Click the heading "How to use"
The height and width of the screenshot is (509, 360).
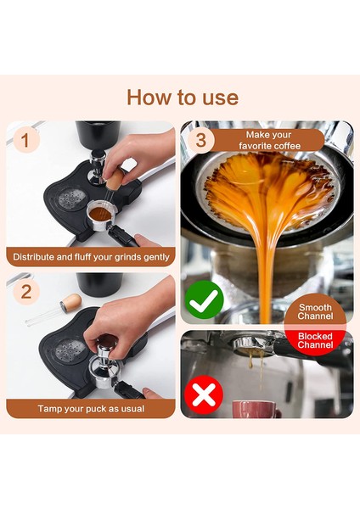[x=183, y=97]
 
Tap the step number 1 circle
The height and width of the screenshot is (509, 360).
[x=26, y=140]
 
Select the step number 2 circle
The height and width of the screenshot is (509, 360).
[x=26, y=292]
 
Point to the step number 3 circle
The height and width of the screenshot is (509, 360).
[x=200, y=140]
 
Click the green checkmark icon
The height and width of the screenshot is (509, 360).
[x=204, y=299]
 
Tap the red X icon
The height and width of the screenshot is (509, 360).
[x=204, y=394]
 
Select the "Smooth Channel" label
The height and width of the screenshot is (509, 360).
[x=315, y=311]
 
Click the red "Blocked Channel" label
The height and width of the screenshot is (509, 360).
[x=315, y=340]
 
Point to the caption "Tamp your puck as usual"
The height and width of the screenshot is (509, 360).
[x=91, y=408]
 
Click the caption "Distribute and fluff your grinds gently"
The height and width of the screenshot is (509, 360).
[x=91, y=257]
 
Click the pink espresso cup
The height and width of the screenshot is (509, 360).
[x=256, y=409]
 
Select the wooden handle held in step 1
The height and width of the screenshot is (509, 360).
[x=115, y=180]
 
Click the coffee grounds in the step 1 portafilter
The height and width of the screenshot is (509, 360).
[x=99, y=214]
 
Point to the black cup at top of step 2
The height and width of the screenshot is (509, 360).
[x=99, y=284]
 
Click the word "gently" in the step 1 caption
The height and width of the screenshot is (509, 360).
[x=157, y=257]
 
